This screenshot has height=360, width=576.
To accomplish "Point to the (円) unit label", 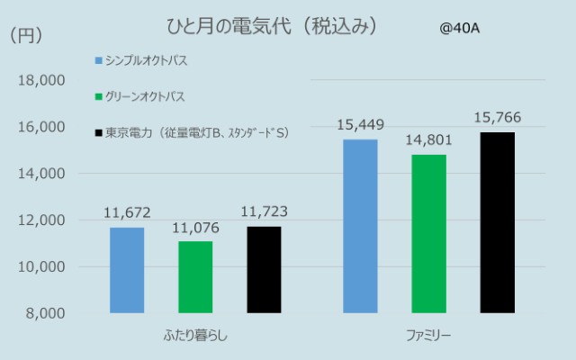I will [25, 36].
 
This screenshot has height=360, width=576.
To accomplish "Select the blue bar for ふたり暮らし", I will [127, 270].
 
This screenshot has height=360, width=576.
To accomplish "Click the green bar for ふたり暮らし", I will [195, 277].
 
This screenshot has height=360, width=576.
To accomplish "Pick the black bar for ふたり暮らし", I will [263, 269].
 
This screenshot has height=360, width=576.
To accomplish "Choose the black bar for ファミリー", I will [497, 222].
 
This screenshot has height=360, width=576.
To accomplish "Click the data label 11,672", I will [127, 213].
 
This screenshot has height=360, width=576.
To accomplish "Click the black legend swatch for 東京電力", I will [98, 133].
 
